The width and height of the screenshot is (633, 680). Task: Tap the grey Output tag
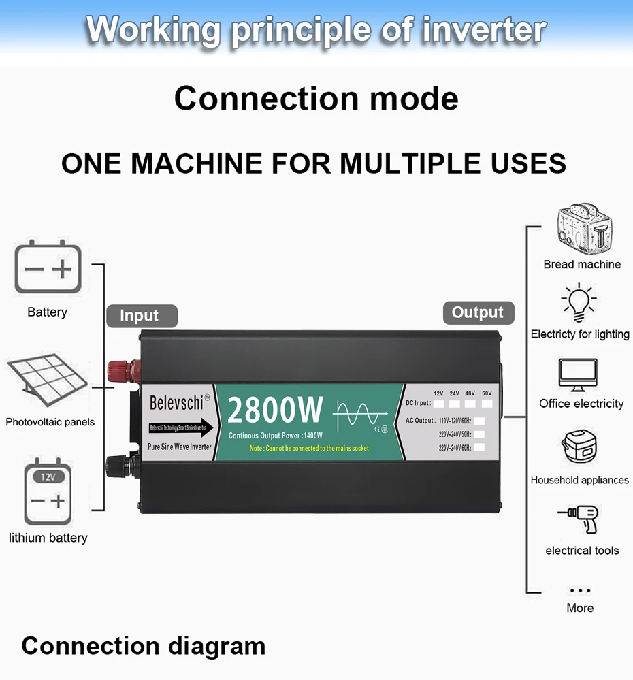click(478, 312)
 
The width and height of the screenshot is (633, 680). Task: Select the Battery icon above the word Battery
click(48, 270)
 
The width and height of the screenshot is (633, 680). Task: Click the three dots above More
click(580, 591)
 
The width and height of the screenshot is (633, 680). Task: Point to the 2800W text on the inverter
click(275, 410)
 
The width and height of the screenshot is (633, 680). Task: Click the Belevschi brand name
click(176, 402)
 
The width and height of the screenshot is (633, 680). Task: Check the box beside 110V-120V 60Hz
click(479, 421)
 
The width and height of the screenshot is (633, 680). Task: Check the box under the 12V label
click(438, 404)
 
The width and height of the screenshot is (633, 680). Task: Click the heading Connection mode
click(316, 99)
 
